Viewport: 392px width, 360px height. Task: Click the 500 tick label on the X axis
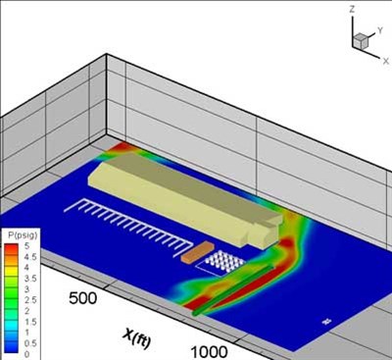tap(83, 298)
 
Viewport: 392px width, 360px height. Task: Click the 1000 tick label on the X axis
tap(209, 352)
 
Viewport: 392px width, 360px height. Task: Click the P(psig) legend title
tap(23, 235)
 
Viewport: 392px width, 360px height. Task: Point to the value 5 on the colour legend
tap(27, 246)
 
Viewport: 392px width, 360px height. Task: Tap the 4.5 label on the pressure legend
tap(30, 257)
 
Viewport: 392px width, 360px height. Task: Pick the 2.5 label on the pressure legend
tap(30, 300)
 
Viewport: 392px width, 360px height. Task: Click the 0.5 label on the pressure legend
tap(30, 343)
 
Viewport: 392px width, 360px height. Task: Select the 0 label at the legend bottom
tap(27, 354)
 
